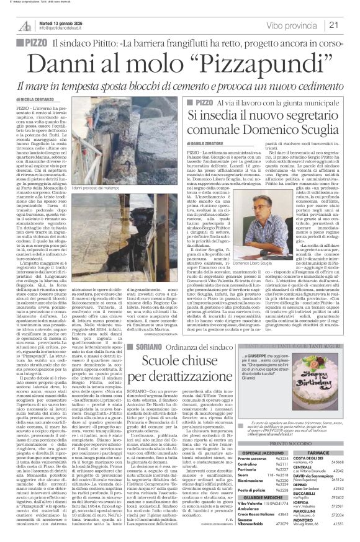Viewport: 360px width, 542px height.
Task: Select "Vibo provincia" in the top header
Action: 304,25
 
